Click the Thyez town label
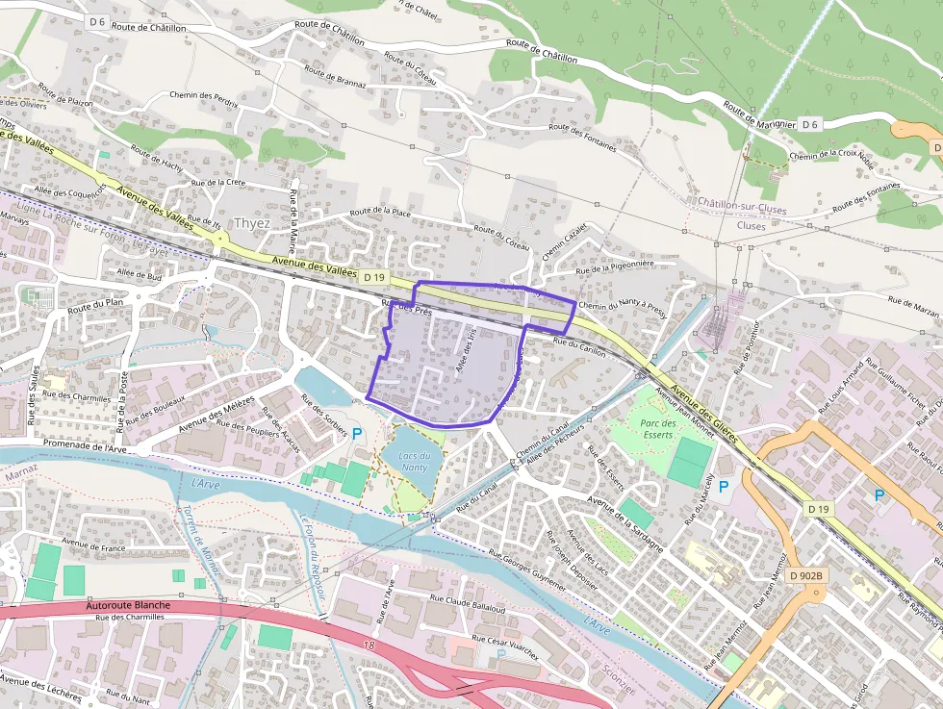click(252, 222)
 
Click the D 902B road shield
click(806, 575)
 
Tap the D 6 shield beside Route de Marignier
click(809, 124)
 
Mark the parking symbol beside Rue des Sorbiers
click(357, 434)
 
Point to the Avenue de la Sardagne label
click(624, 520)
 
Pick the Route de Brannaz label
click(335, 77)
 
